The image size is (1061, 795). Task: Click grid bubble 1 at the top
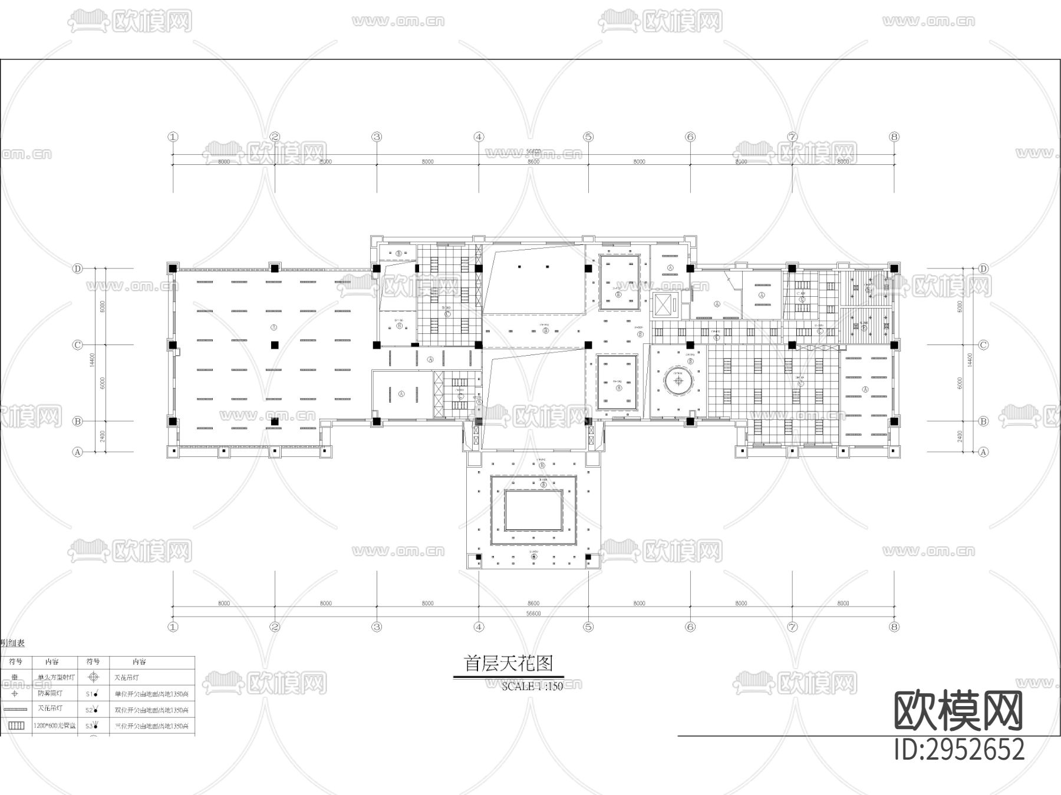coord(173,137)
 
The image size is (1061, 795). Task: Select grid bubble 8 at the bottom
coord(894,627)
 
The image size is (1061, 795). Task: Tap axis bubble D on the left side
coord(77,269)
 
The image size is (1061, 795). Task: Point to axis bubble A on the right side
coord(983,452)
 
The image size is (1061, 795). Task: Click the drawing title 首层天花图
coord(509,664)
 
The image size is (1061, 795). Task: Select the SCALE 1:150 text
coord(532,686)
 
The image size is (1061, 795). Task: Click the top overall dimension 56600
coord(533,151)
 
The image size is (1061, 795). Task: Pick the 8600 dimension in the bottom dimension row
coord(533,603)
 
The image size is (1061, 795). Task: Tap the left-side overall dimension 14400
coord(93,360)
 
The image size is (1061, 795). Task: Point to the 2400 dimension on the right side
coord(960,436)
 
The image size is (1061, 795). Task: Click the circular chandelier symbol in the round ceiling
coord(678,380)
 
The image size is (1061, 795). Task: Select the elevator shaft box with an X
coord(666,306)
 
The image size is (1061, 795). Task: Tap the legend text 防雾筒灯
coord(50,693)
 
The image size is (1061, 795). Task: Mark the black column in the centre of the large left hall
coord(274,345)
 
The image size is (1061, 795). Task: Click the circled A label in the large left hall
coord(274,327)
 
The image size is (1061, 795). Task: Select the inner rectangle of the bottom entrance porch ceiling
coord(533,511)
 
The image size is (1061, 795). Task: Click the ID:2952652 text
coord(960,750)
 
